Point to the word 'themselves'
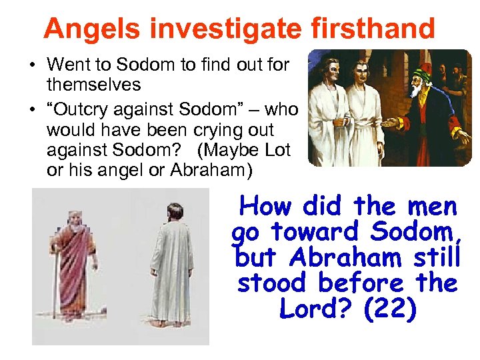tap(94, 85)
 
